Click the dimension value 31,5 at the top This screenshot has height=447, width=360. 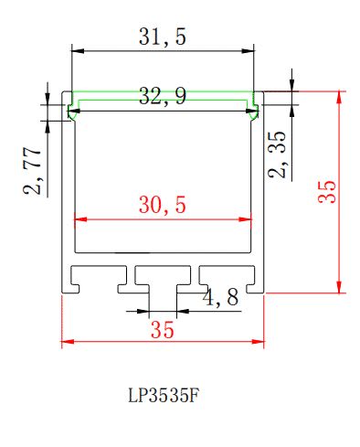(x=163, y=37)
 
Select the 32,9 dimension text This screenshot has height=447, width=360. (x=163, y=96)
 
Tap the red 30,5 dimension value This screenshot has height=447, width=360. (x=163, y=205)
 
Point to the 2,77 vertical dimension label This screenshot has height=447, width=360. (x=32, y=171)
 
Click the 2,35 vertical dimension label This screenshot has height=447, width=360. (x=277, y=154)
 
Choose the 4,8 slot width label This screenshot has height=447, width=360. (x=220, y=297)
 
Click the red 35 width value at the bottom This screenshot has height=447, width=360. (x=163, y=330)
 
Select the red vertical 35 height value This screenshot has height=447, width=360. (x=327, y=192)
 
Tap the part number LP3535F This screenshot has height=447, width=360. (x=164, y=396)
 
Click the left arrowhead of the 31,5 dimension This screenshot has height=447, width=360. (x=78, y=51)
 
